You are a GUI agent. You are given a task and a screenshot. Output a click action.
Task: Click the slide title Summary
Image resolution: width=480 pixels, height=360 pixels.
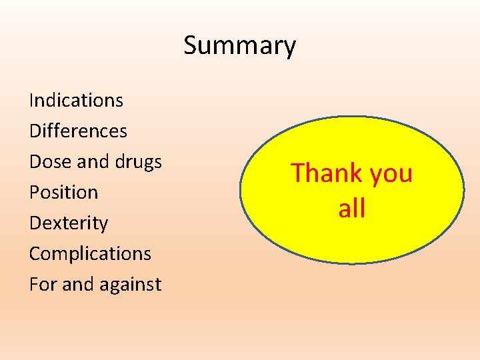click(x=239, y=46)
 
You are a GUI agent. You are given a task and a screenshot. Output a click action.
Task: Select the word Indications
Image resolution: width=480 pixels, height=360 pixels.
click(x=76, y=101)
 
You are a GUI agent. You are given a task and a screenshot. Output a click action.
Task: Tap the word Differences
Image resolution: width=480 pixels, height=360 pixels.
click(x=78, y=131)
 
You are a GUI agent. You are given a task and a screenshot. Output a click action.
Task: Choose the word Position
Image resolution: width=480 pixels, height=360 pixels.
click(x=63, y=193)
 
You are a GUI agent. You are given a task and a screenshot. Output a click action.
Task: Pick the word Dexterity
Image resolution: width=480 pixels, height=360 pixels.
click(x=69, y=223)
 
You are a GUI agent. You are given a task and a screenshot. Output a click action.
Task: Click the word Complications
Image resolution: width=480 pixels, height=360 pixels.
click(x=90, y=254)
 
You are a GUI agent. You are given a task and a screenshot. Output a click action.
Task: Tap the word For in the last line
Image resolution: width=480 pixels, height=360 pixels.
click(x=42, y=285)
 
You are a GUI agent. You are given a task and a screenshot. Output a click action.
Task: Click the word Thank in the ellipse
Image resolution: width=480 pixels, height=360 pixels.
click(x=320, y=173)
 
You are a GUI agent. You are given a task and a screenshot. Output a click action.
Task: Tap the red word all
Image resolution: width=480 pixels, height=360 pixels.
click(x=351, y=209)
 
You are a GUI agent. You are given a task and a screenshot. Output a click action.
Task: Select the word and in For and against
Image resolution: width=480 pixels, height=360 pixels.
click(x=77, y=285)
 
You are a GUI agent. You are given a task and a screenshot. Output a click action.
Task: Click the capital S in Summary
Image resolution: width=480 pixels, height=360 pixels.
click(x=191, y=46)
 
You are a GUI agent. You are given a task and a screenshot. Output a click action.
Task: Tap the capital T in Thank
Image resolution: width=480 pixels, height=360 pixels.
click(x=297, y=173)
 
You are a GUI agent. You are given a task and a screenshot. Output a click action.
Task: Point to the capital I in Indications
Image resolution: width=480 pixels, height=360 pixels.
click(x=32, y=101)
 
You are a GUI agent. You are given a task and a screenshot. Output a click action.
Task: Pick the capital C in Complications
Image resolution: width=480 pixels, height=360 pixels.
click(x=35, y=254)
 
